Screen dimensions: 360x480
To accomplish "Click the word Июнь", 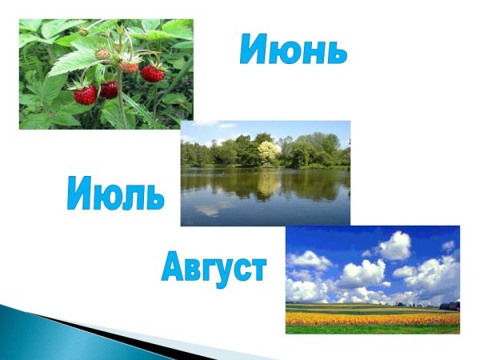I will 293,50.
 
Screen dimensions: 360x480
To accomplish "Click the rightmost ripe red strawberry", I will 152,74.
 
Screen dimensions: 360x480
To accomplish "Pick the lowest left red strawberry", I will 85,94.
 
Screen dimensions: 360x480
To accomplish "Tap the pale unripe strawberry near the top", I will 102,54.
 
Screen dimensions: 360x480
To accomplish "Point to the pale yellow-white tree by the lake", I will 269,150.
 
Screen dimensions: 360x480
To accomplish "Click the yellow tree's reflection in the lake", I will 269,182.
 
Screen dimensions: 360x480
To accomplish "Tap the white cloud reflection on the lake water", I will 210,210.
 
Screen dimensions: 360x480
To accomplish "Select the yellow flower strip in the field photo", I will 372,318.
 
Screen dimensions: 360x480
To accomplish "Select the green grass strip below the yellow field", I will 372,329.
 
